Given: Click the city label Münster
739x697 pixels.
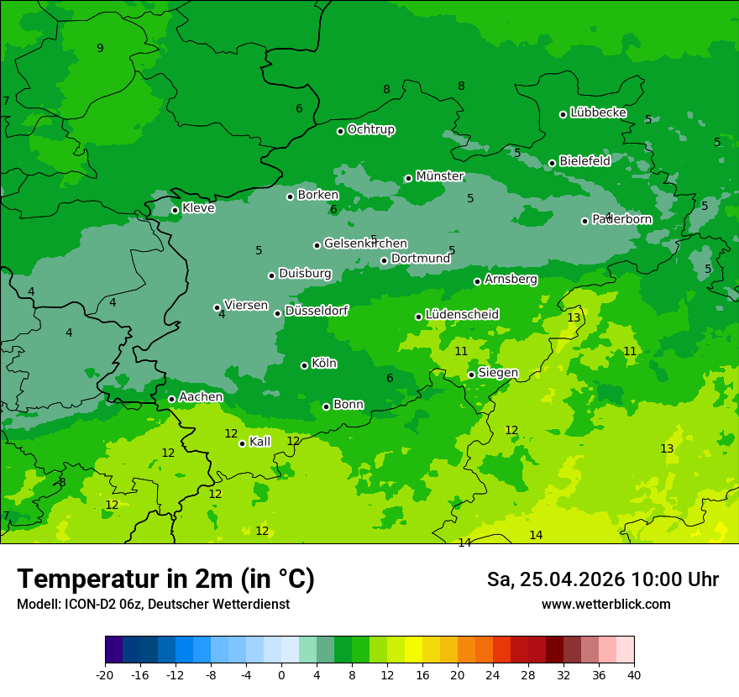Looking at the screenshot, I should [x=439, y=176].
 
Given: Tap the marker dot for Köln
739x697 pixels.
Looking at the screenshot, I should [x=304, y=365].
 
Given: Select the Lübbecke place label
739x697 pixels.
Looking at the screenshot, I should [x=598, y=113].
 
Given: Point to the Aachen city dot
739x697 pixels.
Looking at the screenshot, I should [x=171, y=399].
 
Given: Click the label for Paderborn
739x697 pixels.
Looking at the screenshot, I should [x=621, y=219].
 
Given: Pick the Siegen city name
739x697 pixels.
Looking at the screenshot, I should [x=498, y=373].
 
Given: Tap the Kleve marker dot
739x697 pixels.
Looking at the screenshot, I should [x=175, y=210].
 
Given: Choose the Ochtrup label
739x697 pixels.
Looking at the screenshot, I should [x=370, y=129].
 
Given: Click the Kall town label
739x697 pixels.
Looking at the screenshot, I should [x=259, y=442].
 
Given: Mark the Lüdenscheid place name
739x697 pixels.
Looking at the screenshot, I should [x=462, y=315].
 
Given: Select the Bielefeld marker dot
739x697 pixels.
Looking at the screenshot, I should [x=552, y=163].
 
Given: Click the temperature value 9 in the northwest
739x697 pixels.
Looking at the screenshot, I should [x=100, y=48].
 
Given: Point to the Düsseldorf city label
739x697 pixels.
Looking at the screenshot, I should [x=316, y=311].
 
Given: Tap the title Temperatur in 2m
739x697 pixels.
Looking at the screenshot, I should [x=165, y=579].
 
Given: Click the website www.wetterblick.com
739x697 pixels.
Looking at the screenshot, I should [x=605, y=604].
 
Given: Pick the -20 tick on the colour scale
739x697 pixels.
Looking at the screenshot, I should [x=105, y=674].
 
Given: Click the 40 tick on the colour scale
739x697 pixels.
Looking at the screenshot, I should [x=634, y=674].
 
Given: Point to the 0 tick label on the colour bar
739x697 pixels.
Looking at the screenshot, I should [x=281, y=674].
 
